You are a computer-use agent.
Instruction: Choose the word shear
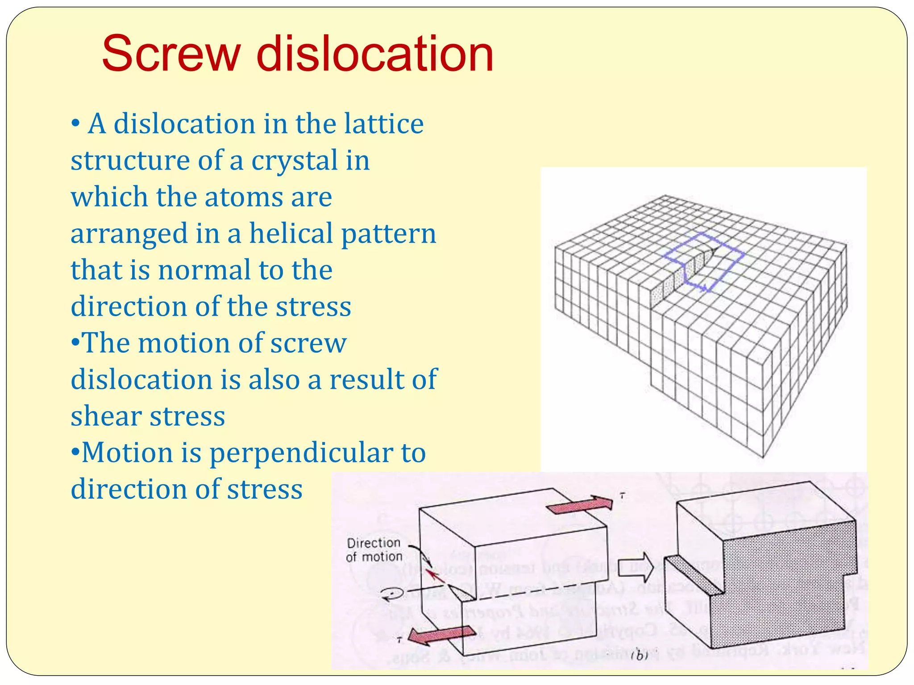point(105,416)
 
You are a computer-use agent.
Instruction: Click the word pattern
point(388,234)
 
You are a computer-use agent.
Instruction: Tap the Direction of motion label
point(374,550)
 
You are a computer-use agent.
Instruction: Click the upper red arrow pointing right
point(580,505)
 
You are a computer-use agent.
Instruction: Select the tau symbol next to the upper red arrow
point(622,495)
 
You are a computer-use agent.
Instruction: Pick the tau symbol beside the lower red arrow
point(400,640)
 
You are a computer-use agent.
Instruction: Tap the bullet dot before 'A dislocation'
point(75,124)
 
